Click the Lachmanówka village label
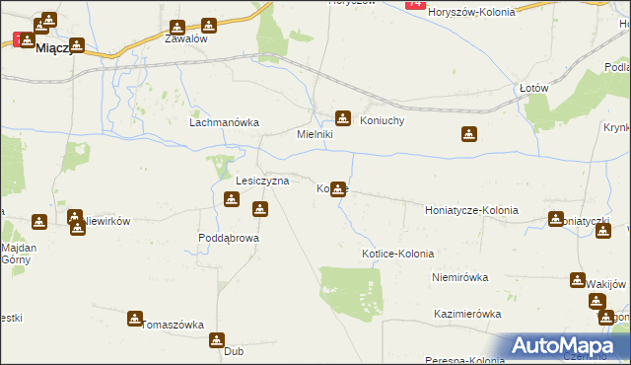click(x=224, y=123)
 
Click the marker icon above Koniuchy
click(x=343, y=116)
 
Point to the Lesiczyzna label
click(x=262, y=182)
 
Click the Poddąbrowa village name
click(x=228, y=238)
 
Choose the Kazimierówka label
click(x=467, y=314)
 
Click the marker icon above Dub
click(x=217, y=340)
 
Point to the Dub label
click(x=234, y=351)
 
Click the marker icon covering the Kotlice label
click(x=338, y=188)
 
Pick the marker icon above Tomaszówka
click(x=135, y=318)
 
